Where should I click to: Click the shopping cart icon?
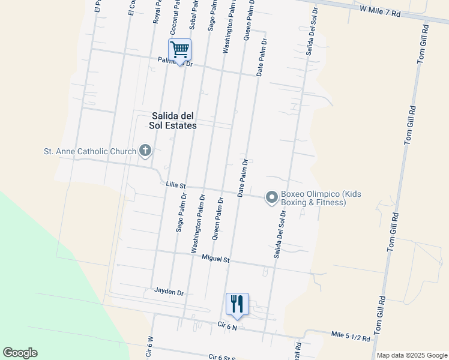[x=180, y=49]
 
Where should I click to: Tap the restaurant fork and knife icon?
[x=237, y=304]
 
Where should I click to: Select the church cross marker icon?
[x=145, y=151]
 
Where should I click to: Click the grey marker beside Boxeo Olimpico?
[x=272, y=197]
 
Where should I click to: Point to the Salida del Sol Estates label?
[x=173, y=121]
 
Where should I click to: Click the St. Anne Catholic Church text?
[x=90, y=151]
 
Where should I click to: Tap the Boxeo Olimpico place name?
[x=321, y=198]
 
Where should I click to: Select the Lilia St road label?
[x=176, y=187]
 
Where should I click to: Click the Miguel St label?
[x=216, y=259]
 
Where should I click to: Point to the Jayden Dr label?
[x=169, y=292]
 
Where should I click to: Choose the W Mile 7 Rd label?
[x=380, y=11]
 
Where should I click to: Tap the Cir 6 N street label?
[x=228, y=326]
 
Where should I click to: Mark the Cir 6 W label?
[x=150, y=347]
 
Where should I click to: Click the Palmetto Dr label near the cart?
[x=175, y=61]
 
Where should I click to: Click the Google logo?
[x=20, y=353]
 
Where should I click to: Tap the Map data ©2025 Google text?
[x=412, y=355]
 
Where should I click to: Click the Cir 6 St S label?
[x=222, y=357]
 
